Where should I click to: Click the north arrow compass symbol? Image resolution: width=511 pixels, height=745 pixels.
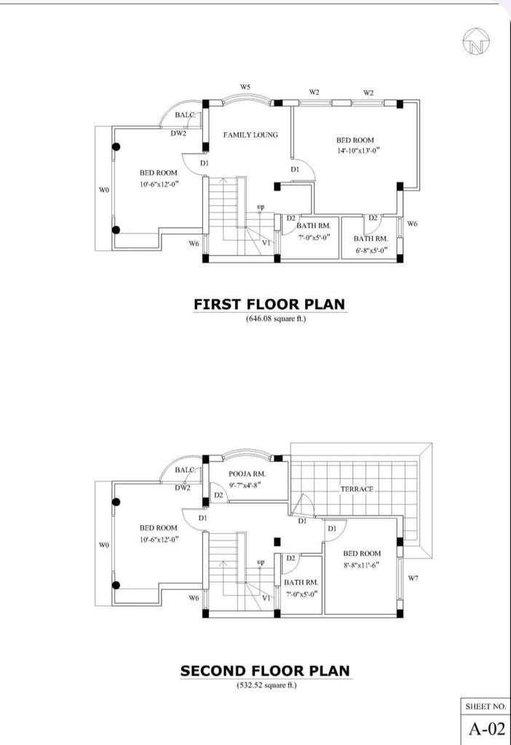tap(475, 41)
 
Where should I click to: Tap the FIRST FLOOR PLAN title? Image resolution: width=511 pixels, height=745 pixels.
tap(269, 304)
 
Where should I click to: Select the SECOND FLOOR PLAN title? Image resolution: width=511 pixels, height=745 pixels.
tap(265, 671)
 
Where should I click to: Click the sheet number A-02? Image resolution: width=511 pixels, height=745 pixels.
tap(486, 728)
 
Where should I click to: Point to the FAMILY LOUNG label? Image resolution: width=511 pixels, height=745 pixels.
tap(250, 135)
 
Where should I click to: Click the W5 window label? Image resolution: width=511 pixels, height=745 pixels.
tap(245, 87)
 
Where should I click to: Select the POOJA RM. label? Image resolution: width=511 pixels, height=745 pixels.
tap(247, 474)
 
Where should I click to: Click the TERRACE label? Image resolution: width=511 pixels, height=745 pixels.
tap(357, 489)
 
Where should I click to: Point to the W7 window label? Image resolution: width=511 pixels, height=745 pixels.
tap(413, 578)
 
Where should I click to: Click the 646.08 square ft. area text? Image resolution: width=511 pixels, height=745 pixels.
tap(276, 319)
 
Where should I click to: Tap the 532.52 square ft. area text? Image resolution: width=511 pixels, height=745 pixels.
tap(266, 685)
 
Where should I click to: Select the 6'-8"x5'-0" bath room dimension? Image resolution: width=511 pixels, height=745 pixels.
tap(371, 250)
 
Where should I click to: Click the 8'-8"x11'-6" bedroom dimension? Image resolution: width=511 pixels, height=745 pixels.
tap(362, 565)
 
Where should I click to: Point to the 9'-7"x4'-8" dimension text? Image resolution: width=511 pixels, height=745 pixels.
tap(245, 485)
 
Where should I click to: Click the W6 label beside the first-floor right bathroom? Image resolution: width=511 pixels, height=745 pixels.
tap(412, 224)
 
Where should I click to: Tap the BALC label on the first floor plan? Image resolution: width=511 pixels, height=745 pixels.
tap(184, 115)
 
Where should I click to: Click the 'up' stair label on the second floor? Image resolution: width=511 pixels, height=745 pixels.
tap(261, 562)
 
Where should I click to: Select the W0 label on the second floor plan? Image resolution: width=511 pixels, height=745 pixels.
tap(103, 545)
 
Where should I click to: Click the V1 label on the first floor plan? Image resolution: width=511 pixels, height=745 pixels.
tap(266, 242)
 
